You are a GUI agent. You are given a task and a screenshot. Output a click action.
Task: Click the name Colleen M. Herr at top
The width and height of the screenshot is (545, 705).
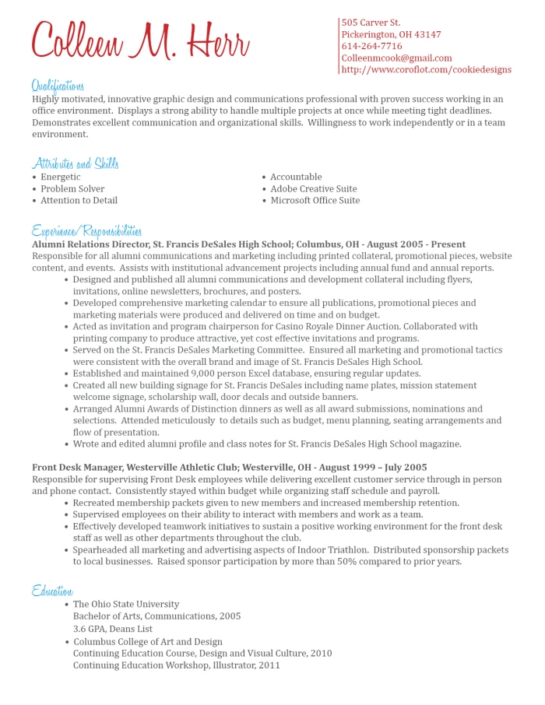coord(140,40)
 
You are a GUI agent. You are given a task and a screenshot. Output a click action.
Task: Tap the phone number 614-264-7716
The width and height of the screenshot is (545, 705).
coord(371,46)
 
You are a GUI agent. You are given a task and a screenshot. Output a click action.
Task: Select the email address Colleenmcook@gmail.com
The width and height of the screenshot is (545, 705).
coord(396,58)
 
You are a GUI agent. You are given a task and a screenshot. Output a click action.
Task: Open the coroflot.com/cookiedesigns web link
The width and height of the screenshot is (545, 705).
coord(426,69)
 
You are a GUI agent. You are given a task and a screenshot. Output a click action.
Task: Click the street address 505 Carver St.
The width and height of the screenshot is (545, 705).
coord(371,23)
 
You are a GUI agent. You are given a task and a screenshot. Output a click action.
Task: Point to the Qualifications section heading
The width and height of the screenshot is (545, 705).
coord(58,86)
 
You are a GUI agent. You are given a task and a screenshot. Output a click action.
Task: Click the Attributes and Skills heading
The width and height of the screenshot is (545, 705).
coord(75,163)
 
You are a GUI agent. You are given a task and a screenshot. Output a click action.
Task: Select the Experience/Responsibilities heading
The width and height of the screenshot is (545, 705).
coord(86,231)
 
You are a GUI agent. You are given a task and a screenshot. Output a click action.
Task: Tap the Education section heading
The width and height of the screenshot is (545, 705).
coord(53,591)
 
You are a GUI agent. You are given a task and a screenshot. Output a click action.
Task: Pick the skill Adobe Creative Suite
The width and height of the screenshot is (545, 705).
coord(314,188)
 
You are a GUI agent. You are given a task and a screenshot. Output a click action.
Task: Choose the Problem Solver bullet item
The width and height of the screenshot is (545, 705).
coord(72,188)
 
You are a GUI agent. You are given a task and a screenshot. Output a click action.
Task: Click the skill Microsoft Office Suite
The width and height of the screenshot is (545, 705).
coord(315,200)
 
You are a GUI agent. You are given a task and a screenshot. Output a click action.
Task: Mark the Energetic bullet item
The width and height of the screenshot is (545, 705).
coord(61,177)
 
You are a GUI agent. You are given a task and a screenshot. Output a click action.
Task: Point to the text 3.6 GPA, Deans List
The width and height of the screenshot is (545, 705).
coord(113,629)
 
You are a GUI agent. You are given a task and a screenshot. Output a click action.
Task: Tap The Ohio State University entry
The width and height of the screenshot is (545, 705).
coord(126,604)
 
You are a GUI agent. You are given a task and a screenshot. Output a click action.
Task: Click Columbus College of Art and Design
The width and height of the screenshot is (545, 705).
coord(148,642)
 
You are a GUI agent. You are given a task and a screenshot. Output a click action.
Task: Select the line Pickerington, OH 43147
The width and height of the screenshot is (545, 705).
coord(391,34)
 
